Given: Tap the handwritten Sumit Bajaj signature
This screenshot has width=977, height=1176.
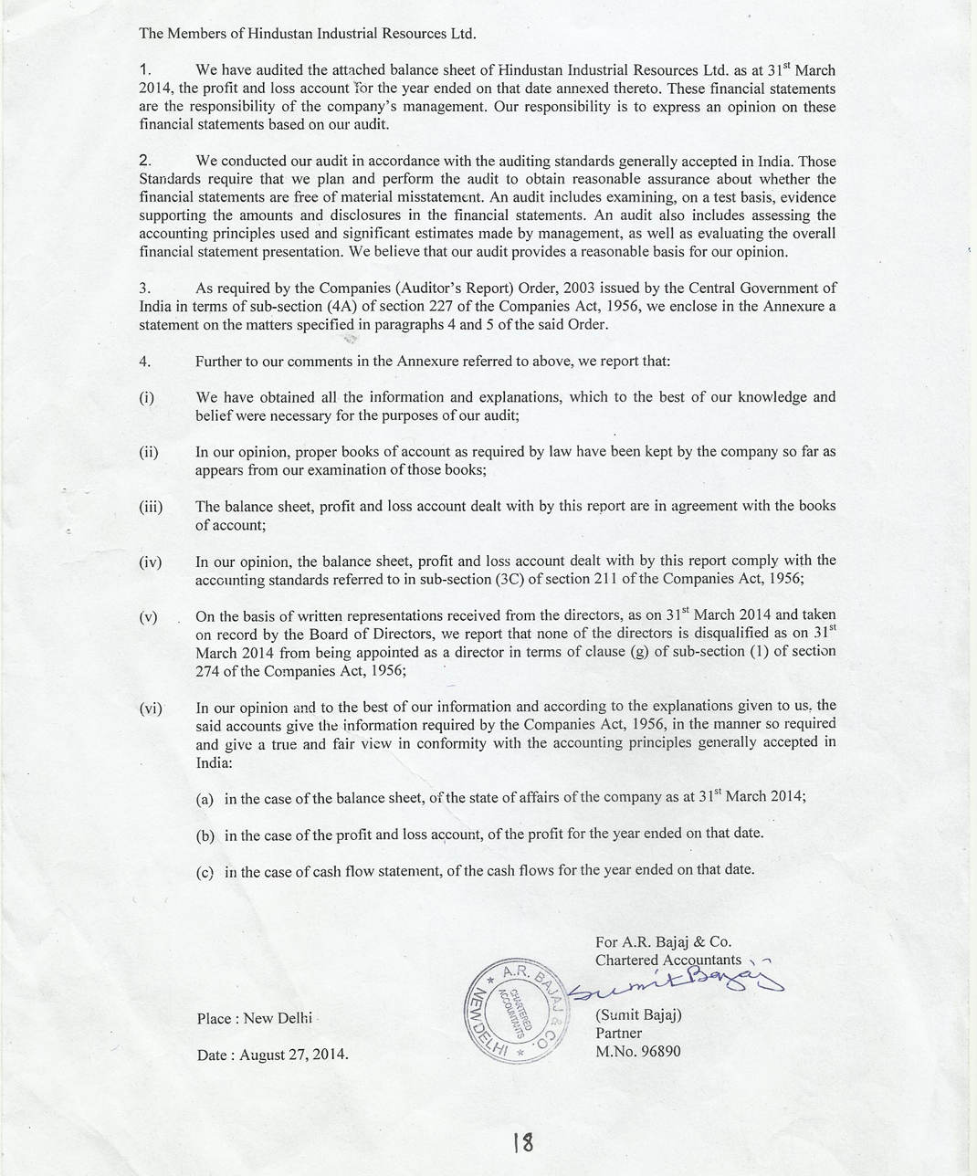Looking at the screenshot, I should click(676, 984).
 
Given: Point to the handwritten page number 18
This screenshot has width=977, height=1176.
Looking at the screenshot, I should click(522, 1142).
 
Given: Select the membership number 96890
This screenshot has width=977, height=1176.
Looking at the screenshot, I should click(656, 1051).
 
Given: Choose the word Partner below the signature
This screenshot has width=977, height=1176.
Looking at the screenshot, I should click(618, 1033).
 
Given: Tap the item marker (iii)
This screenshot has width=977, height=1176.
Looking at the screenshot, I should click(151, 507).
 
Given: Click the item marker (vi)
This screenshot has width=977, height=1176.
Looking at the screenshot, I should click(151, 707).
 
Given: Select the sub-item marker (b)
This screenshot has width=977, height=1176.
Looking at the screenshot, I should click(205, 835).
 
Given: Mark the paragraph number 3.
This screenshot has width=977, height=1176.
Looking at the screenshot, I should click(143, 289).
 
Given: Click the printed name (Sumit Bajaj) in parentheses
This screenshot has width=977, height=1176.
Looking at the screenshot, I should click(638, 1014).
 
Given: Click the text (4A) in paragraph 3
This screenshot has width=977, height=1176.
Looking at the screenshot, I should click(341, 307).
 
